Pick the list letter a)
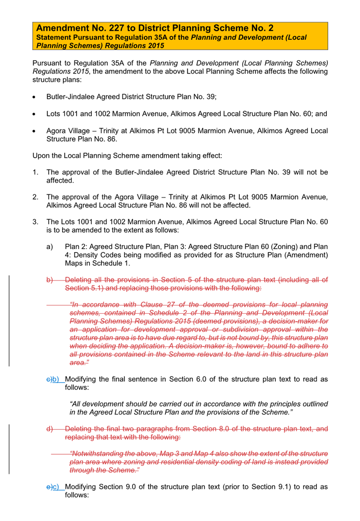[x=50, y=247]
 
